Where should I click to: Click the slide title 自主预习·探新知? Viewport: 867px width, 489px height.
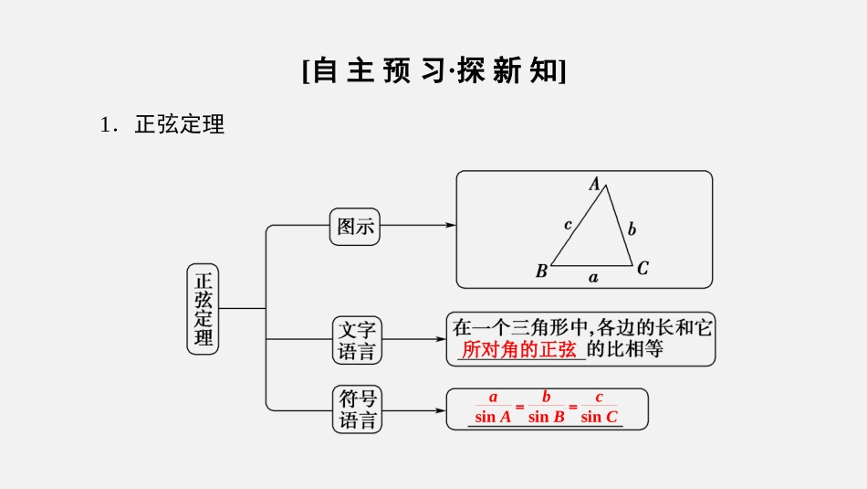click(x=433, y=71)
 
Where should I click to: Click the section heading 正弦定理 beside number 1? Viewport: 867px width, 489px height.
click(x=179, y=125)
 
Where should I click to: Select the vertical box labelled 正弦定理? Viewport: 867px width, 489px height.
click(x=203, y=310)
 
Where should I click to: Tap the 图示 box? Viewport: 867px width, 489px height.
click(x=355, y=226)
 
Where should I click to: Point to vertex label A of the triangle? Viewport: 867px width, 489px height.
click(x=595, y=184)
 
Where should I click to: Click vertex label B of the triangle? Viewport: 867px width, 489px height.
click(x=541, y=271)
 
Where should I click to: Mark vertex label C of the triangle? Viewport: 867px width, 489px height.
click(x=642, y=268)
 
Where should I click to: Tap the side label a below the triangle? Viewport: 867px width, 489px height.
click(x=593, y=276)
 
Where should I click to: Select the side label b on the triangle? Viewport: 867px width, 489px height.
click(x=632, y=229)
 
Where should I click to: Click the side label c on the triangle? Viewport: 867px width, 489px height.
click(x=568, y=224)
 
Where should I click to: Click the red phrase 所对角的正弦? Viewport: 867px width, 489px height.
click(x=519, y=349)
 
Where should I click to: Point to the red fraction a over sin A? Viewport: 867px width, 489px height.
click(x=493, y=408)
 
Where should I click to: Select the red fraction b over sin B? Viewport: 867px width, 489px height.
click(x=547, y=408)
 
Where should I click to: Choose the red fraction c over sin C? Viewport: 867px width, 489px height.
click(x=600, y=408)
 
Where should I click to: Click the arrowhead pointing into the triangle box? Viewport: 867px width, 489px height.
click(x=451, y=225)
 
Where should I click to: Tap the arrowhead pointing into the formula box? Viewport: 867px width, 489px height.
click(x=441, y=410)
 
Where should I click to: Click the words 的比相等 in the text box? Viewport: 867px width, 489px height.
click(x=624, y=348)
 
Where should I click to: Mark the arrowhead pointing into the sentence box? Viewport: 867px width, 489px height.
click(x=441, y=339)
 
